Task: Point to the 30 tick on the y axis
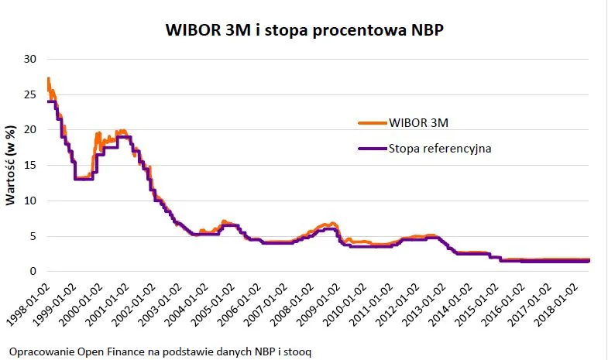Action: (x=30, y=59)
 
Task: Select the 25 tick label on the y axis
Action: (x=30, y=94)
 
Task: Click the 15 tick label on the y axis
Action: (x=30, y=165)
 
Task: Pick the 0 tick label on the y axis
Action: (x=33, y=272)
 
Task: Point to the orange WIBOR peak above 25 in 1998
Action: (x=48, y=79)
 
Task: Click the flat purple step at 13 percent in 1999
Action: (x=84, y=179)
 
